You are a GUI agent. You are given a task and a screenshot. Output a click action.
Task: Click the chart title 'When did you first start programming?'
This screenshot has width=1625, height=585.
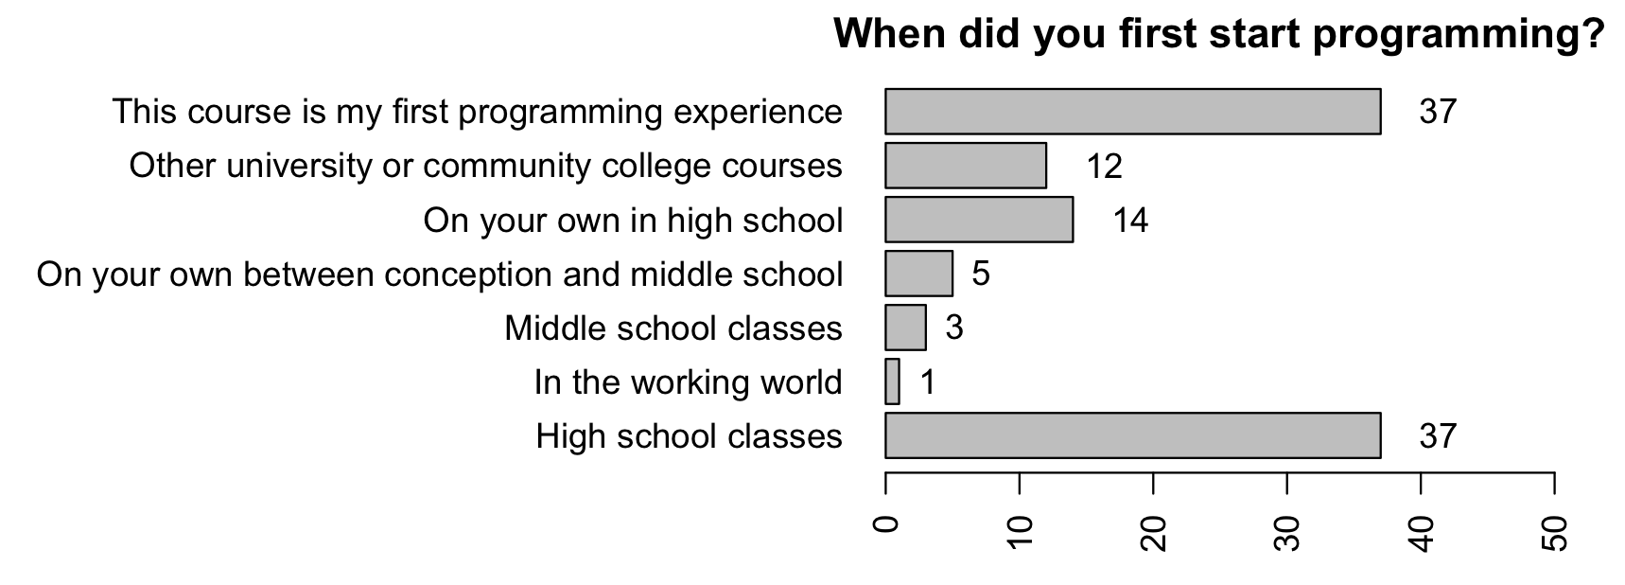[1219, 35]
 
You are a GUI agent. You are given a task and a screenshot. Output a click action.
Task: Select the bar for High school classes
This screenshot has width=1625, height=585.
[1133, 435]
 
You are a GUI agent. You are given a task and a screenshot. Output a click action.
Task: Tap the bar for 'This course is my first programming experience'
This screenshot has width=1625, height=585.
[1133, 112]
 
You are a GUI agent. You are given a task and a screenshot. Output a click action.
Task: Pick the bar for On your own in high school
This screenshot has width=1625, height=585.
[979, 220]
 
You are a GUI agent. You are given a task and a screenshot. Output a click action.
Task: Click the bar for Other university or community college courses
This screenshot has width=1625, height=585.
[966, 166]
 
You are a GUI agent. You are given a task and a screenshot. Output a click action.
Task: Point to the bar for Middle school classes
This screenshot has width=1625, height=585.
[905, 328]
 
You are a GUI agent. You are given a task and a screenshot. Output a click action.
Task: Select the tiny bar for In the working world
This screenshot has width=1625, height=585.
[892, 381]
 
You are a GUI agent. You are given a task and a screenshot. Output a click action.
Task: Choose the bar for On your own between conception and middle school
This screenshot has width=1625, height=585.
[918, 274]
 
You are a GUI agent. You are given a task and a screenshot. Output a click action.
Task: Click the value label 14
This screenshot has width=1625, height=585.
[1130, 221]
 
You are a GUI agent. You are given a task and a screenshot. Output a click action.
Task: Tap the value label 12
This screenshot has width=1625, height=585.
[1104, 167]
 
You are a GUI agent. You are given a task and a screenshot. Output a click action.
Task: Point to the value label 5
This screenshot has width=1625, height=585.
[981, 275]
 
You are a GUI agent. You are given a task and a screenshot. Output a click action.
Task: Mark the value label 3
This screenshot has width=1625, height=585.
[954, 328]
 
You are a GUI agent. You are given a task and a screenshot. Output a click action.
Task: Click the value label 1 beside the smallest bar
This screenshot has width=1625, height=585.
[927, 382]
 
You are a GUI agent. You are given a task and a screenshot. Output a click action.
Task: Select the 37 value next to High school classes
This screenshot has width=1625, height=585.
[1438, 436]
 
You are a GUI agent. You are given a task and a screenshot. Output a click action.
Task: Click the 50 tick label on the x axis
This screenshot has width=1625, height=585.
[1555, 534]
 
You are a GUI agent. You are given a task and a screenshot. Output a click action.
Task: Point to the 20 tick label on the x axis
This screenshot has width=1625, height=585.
[1154, 534]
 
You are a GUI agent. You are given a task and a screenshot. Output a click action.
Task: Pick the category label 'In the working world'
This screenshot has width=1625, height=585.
[688, 382]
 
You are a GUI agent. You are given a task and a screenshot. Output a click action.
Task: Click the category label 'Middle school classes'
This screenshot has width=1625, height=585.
[673, 328]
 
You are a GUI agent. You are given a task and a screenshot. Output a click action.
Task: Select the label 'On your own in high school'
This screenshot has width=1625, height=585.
[633, 221]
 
